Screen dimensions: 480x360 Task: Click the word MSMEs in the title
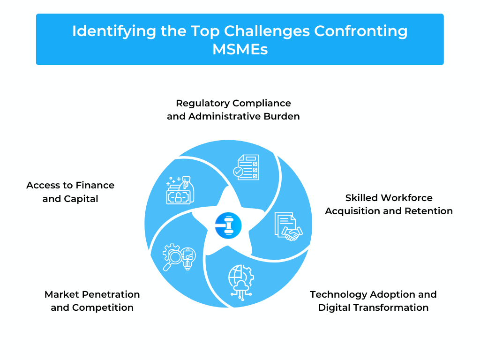[x=240, y=49]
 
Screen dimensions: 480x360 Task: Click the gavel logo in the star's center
[x=228, y=225]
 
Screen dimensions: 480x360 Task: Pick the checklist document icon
[x=246, y=167]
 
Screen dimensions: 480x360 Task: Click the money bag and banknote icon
[x=180, y=190]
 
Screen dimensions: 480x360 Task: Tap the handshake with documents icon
[x=288, y=226]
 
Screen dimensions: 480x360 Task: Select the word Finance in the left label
[x=95, y=185]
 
